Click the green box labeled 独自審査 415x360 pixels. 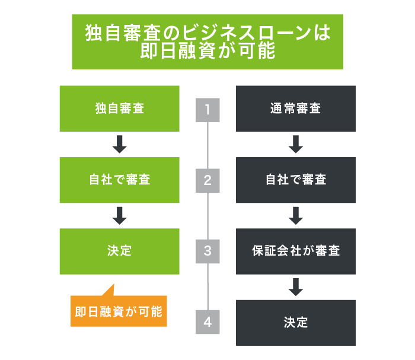pyautogui.click(x=119, y=109)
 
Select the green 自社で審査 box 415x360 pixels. pyautogui.click(x=119, y=180)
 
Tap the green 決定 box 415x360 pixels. pyautogui.click(x=119, y=251)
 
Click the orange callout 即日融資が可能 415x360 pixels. pyautogui.click(x=119, y=311)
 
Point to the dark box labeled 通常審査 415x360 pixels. pyautogui.click(x=295, y=109)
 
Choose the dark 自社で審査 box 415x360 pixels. pyautogui.click(x=295, y=180)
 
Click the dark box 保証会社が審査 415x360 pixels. pyautogui.click(x=295, y=251)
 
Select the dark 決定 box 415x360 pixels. pyautogui.click(x=295, y=323)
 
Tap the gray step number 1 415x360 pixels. pyautogui.click(x=207, y=110)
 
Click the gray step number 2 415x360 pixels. pyautogui.click(x=207, y=180)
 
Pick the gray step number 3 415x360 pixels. pyautogui.click(x=207, y=251)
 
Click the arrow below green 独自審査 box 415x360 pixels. pyautogui.click(x=120, y=144)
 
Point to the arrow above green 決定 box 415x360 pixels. pyautogui.click(x=120, y=215)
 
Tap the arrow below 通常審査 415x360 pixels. pyautogui.click(x=295, y=144)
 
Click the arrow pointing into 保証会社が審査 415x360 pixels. pyautogui.click(x=295, y=215)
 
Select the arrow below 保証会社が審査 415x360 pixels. pyautogui.click(x=295, y=286)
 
